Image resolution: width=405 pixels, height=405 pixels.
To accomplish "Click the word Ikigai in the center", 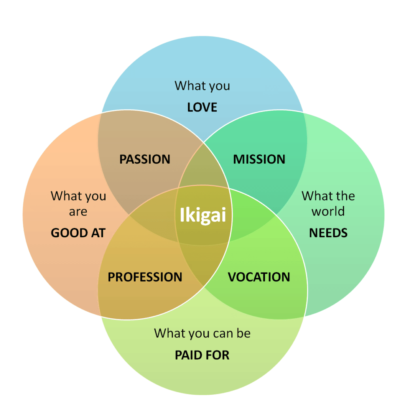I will click(203, 215).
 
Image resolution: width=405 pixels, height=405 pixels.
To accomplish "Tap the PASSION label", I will click(145, 159).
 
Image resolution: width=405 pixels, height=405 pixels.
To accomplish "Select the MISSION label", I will click(259, 159).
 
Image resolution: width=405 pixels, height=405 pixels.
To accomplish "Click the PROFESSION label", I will click(145, 277).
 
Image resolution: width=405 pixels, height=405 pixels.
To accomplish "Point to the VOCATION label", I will click(259, 277).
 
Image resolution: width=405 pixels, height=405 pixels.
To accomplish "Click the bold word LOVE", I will click(202, 107).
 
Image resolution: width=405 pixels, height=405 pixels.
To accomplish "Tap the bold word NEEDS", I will click(328, 233).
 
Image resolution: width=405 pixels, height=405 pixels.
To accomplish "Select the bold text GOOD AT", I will click(78, 233).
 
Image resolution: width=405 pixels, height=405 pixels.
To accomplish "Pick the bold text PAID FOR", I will click(202, 355).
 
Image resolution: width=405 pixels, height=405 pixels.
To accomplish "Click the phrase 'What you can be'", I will click(202, 333).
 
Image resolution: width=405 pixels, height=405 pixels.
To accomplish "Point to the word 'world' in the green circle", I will click(328, 211).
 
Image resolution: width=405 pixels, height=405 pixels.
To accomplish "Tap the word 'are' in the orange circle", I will click(78, 212).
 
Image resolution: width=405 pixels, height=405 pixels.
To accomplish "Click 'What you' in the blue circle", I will click(202, 86).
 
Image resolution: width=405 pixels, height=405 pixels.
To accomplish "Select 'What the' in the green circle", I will click(328, 196).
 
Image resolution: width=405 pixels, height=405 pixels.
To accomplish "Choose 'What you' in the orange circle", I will click(78, 196).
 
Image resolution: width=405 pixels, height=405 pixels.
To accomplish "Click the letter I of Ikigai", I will click(182, 215).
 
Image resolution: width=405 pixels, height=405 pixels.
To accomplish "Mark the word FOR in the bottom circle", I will click(218, 355).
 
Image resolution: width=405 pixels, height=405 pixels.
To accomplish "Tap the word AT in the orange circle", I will click(98, 233).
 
